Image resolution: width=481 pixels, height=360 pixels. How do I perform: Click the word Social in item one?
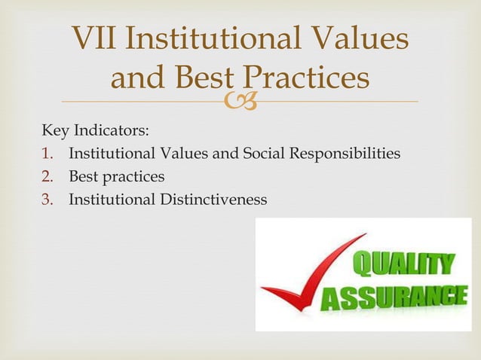click(x=264, y=154)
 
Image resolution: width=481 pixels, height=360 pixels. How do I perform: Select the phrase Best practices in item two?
click(x=116, y=177)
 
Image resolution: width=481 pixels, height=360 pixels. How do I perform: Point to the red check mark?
click(x=302, y=275)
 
